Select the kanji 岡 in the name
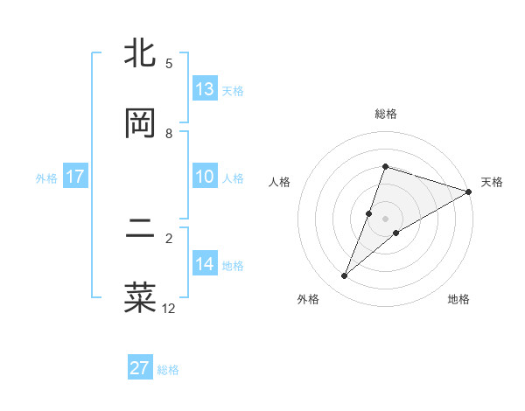coord(140,124)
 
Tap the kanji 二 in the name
coord(140,230)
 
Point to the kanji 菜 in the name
coord(140,296)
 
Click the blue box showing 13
coord(205,89)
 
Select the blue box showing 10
coord(205,177)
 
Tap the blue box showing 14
coord(205,264)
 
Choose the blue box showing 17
coord(74,177)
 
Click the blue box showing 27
coord(140,368)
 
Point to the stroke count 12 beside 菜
coord(169,308)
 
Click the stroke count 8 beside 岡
coord(169,134)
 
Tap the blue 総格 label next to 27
coord(168,370)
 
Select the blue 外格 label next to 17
coord(46,178)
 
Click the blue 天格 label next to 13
coord(233,91)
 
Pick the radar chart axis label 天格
coord(492,182)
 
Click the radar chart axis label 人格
coord(280,182)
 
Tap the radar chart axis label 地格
coord(458,300)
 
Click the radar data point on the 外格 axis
coord(345,276)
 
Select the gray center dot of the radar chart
coord(385,218)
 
